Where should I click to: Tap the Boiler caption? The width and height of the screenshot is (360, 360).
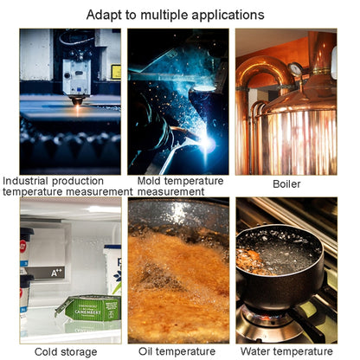click(x=286, y=184)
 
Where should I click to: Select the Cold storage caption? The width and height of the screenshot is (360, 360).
click(x=66, y=352)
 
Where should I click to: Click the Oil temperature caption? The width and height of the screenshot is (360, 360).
click(x=177, y=351)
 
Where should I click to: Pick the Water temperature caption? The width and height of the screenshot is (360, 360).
click(x=286, y=351)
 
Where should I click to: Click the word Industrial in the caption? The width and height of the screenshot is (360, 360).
click(x=25, y=181)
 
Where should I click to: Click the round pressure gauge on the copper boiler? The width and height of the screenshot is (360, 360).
click(x=295, y=69)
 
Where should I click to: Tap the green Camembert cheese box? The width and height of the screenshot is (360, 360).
click(x=88, y=308)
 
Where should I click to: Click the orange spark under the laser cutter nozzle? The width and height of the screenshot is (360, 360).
click(x=78, y=108)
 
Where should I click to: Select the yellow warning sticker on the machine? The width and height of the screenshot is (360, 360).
click(x=116, y=72)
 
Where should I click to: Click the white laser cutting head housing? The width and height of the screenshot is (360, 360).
click(x=77, y=77)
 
